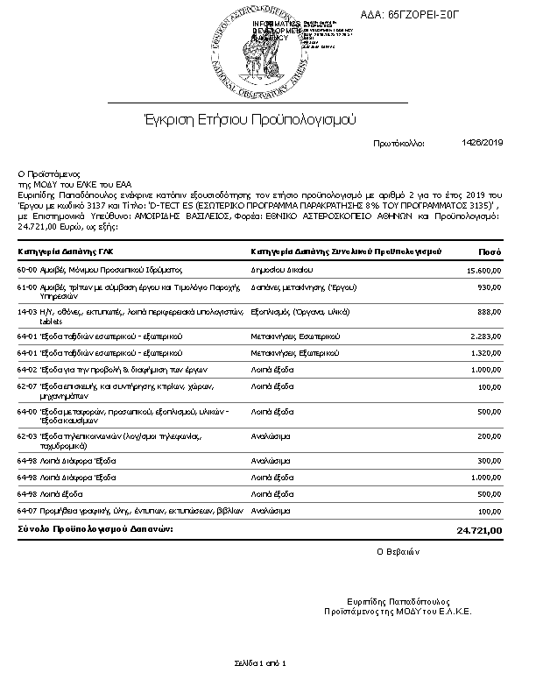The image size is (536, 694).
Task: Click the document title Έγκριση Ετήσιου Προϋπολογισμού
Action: click(250, 118)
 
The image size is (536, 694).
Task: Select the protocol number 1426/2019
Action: click(482, 142)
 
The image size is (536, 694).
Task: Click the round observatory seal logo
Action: click(251, 53)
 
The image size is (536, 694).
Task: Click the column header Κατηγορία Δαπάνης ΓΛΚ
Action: click(71, 251)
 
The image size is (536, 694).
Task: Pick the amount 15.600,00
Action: click(484, 272)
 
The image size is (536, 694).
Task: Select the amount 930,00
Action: click(489, 287)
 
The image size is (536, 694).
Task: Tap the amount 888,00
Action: click(489, 311)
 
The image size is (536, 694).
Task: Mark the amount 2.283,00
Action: click(486, 336)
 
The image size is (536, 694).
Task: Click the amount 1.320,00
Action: click(486, 352)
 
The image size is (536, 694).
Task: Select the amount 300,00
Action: click(489, 460)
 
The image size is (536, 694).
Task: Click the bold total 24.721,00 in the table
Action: click(480, 530)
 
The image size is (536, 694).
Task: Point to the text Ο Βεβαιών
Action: click(398, 551)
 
